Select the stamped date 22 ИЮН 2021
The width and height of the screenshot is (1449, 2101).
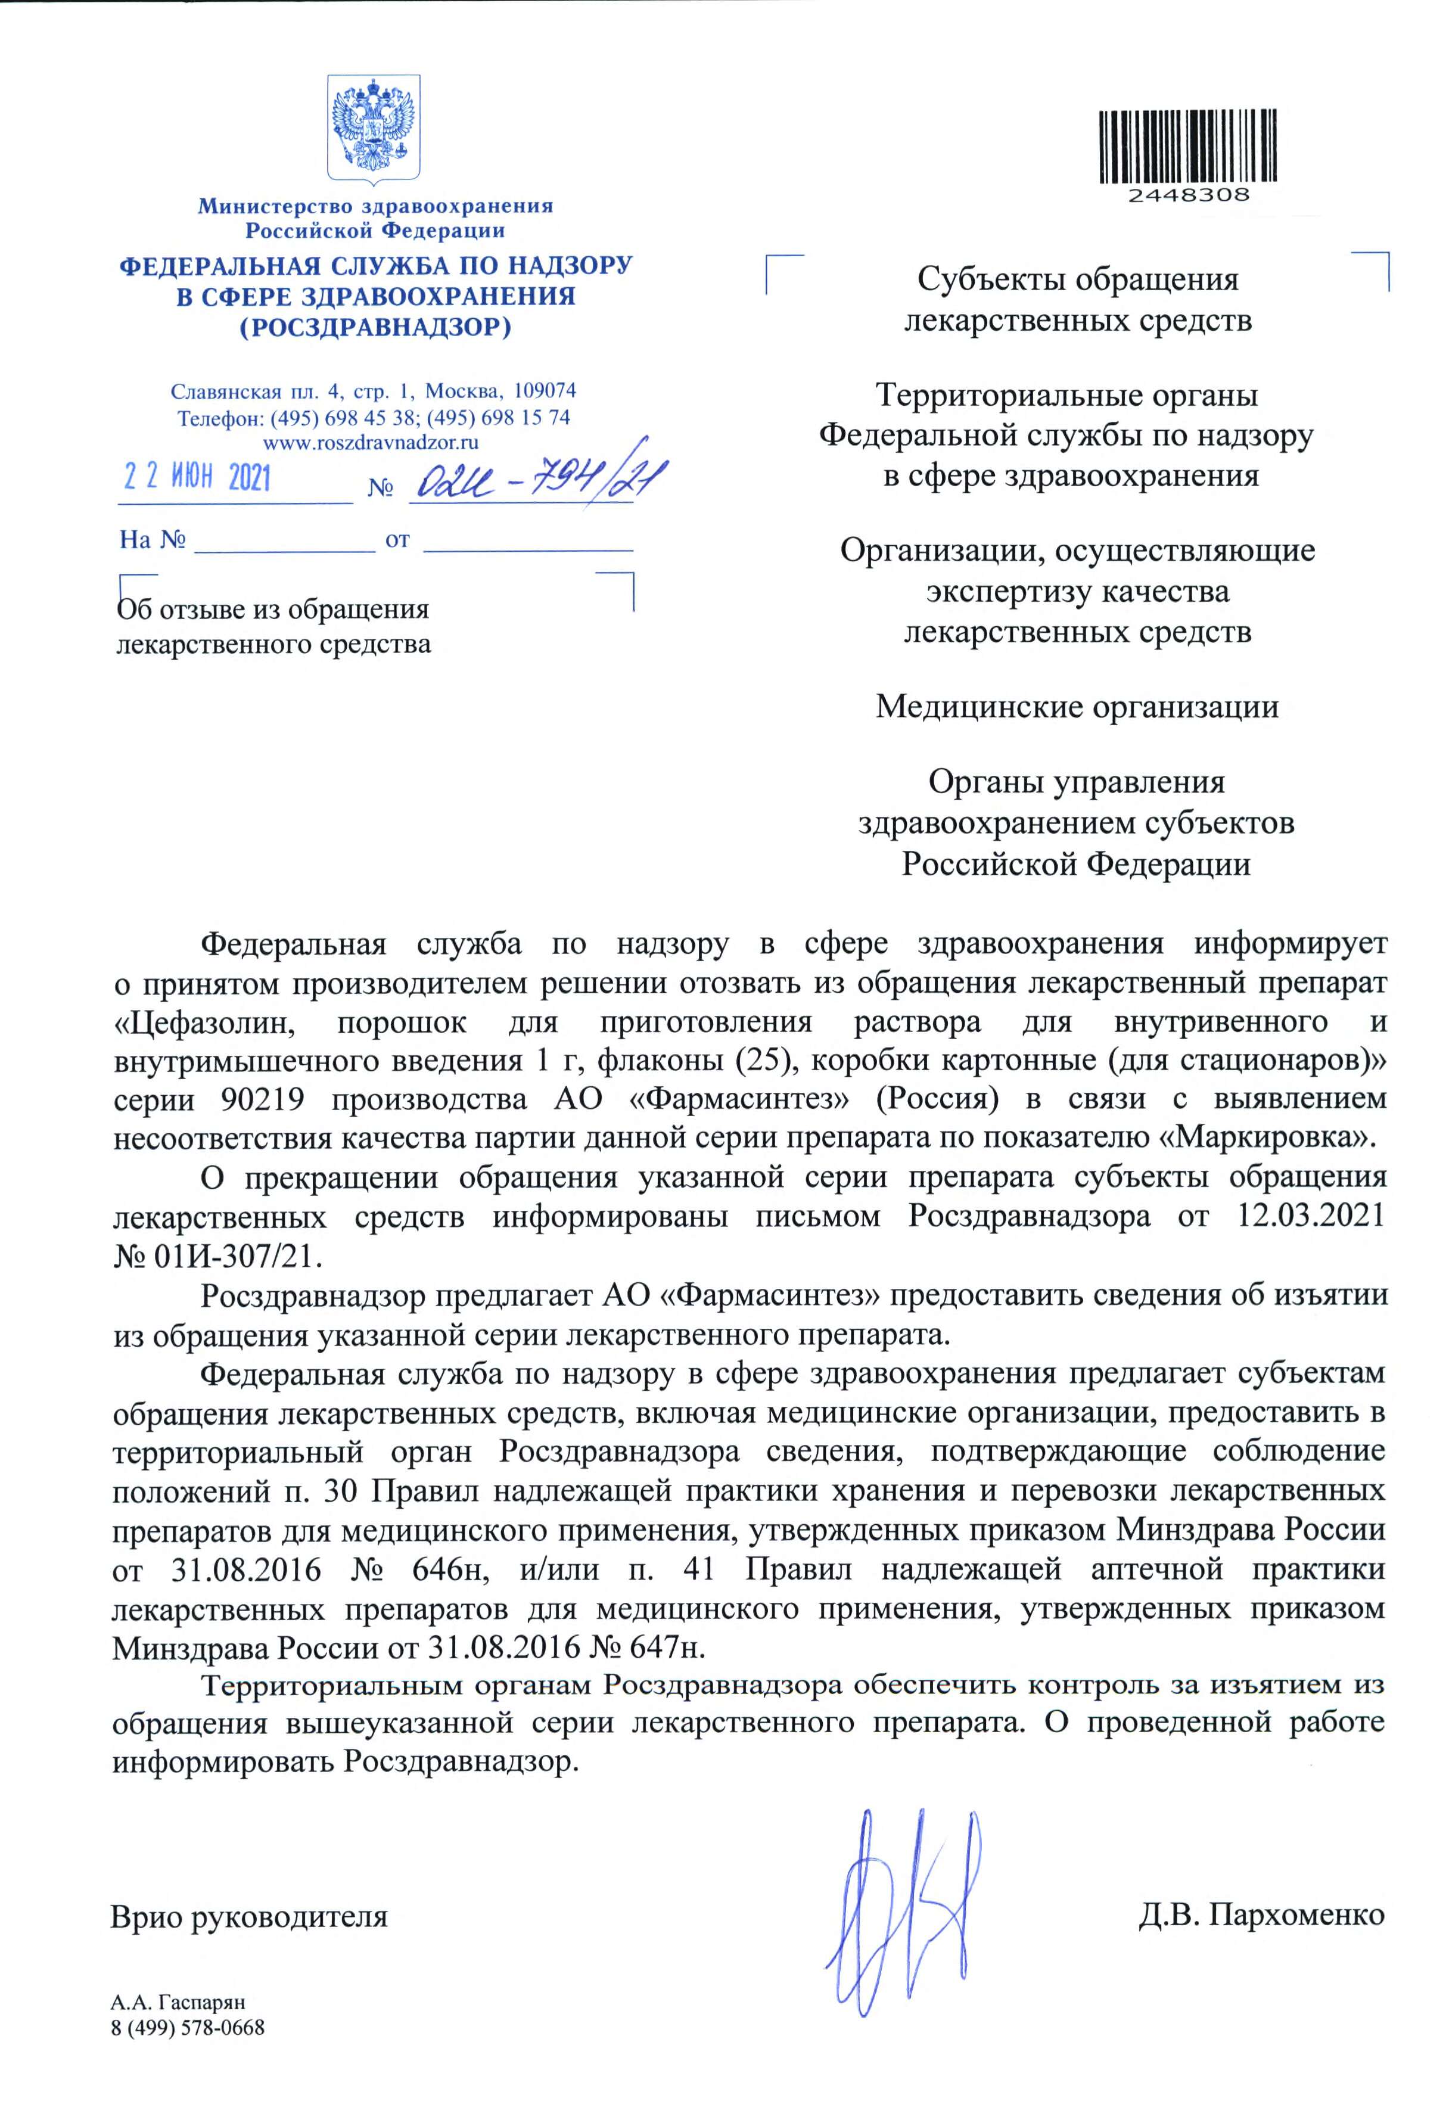click(x=197, y=478)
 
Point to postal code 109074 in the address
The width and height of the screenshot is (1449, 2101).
click(x=544, y=391)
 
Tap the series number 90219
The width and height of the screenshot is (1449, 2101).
click(x=262, y=1099)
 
